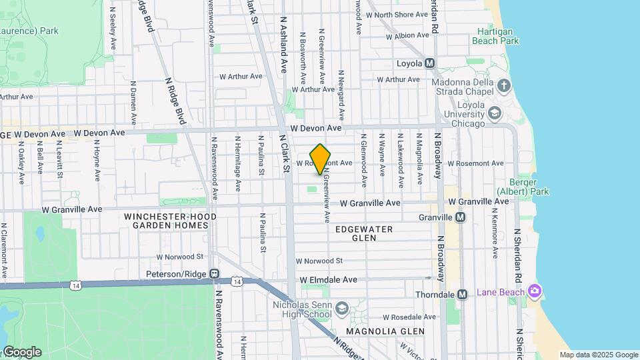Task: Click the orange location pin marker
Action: [321, 159]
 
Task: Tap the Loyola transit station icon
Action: [430, 63]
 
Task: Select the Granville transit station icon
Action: [460, 217]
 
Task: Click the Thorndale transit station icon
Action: [462, 294]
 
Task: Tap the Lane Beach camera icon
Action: [533, 291]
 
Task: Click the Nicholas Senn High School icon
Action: [341, 309]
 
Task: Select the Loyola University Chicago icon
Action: [494, 113]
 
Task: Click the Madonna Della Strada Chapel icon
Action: [504, 85]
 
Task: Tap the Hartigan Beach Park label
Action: [495, 36]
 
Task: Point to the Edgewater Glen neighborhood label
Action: [364, 233]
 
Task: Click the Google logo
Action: [21, 352]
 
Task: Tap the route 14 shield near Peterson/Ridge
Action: [237, 282]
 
